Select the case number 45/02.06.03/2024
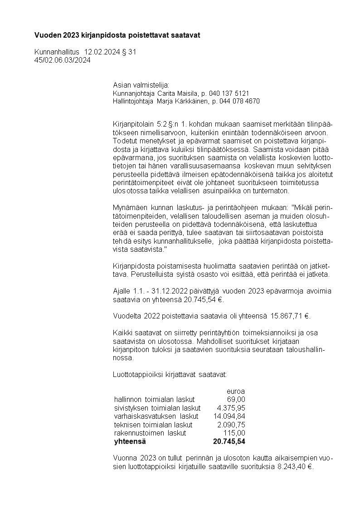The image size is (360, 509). (62, 60)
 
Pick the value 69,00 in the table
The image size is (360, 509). (236, 399)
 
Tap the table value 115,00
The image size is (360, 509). (235, 433)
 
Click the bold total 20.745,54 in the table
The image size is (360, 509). (229, 441)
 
